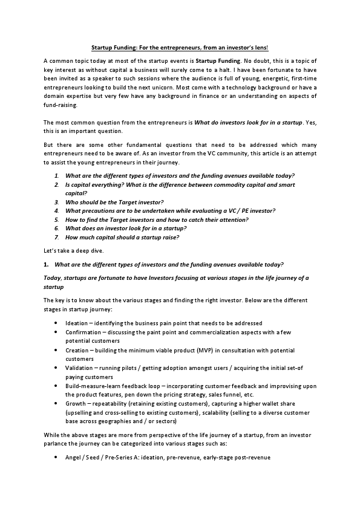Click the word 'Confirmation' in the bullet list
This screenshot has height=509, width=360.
83,332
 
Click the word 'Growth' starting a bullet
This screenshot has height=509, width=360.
76,403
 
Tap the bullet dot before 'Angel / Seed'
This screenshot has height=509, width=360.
56,457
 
